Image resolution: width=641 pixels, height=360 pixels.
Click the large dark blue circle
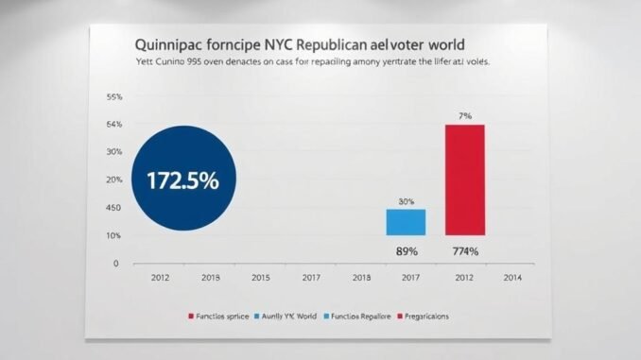click(x=183, y=180)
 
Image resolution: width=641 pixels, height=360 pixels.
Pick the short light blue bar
click(x=406, y=222)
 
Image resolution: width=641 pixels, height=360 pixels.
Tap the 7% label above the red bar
click(x=464, y=115)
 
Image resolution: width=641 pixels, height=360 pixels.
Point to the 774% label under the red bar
click(x=464, y=251)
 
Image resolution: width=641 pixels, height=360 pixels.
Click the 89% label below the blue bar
click(x=406, y=251)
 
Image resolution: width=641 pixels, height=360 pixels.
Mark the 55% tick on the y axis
click(x=114, y=97)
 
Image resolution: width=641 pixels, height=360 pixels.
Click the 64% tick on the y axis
click(x=114, y=125)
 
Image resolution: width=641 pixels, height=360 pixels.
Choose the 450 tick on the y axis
click(x=114, y=208)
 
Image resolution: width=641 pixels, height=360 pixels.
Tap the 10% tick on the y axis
click(x=114, y=235)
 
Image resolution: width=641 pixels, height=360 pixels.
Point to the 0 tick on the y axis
click(x=116, y=264)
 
